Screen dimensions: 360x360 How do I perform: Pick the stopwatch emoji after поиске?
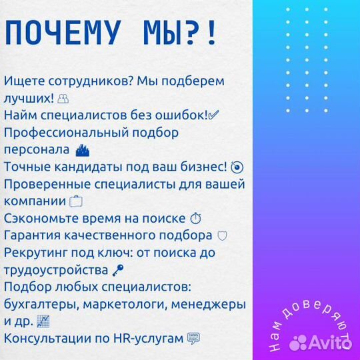(x=195, y=219)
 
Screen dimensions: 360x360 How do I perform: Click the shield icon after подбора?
(x=223, y=236)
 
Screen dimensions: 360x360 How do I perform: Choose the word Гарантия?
(x=33, y=236)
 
